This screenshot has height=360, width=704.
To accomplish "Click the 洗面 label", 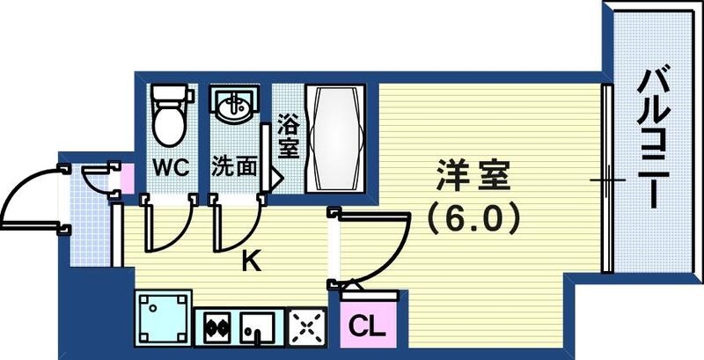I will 234,167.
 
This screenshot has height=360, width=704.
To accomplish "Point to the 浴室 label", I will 287,136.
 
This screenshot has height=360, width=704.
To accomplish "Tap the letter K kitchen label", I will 251,261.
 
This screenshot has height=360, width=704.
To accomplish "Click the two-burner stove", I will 216,327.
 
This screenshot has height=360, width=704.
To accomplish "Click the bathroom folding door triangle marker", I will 275,175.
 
